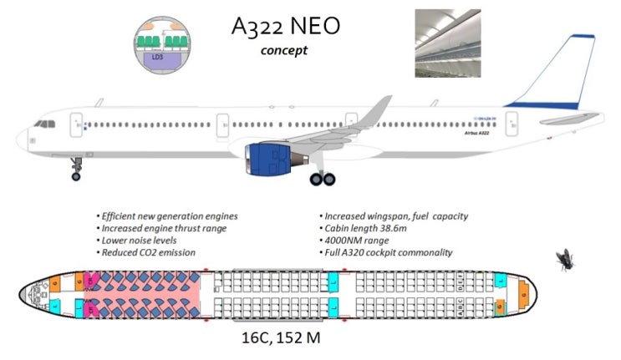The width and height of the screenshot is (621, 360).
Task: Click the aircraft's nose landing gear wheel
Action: tap(76, 175)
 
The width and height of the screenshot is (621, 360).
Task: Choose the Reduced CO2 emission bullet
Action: tap(147, 251)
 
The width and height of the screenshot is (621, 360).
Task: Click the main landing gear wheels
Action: tap(322, 178)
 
